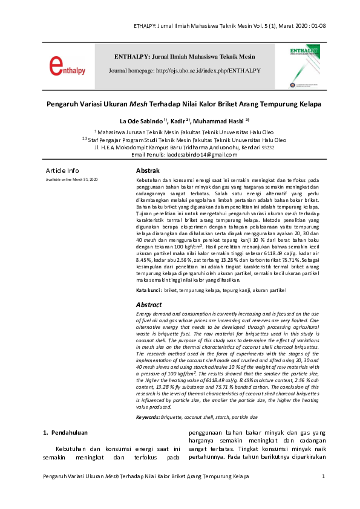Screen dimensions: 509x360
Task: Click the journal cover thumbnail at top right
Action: [x=302, y=65]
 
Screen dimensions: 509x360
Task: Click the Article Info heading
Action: [x=62, y=170]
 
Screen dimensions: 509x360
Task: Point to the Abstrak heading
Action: [x=148, y=170]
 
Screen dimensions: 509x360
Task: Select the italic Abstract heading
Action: [x=149, y=305]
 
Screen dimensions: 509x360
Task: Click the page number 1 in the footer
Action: [x=324, y=477]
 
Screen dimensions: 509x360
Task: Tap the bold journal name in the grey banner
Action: [x=185, y=57]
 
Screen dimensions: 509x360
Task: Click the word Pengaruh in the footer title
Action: [x=56, y=477]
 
